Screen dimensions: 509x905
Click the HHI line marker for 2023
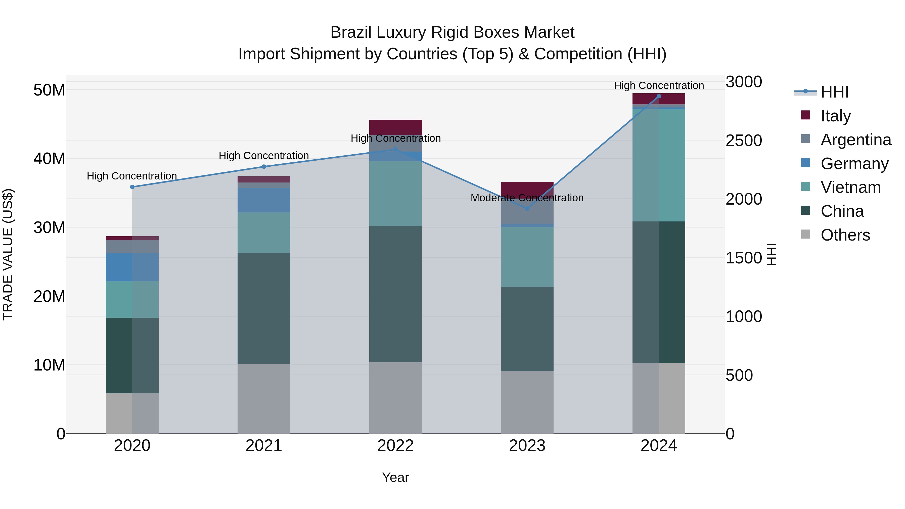click(527, 209)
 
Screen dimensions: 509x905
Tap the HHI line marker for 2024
click(659, 96)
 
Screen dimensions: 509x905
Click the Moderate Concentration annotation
click(527, 198)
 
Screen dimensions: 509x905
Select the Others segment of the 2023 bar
click(527, 402)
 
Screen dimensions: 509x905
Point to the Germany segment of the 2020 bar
click(132, 267)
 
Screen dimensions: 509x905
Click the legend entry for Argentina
click(856, 140)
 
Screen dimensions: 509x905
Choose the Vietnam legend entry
click(850, 187)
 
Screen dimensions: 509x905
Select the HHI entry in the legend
click(834, 92)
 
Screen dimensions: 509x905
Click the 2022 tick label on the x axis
click(395, 446)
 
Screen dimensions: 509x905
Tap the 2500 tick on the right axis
click(744, 141)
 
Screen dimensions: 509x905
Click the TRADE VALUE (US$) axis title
click(8, 254)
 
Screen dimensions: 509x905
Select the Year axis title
click(395, 477)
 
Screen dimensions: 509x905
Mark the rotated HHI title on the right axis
click(772, 254)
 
